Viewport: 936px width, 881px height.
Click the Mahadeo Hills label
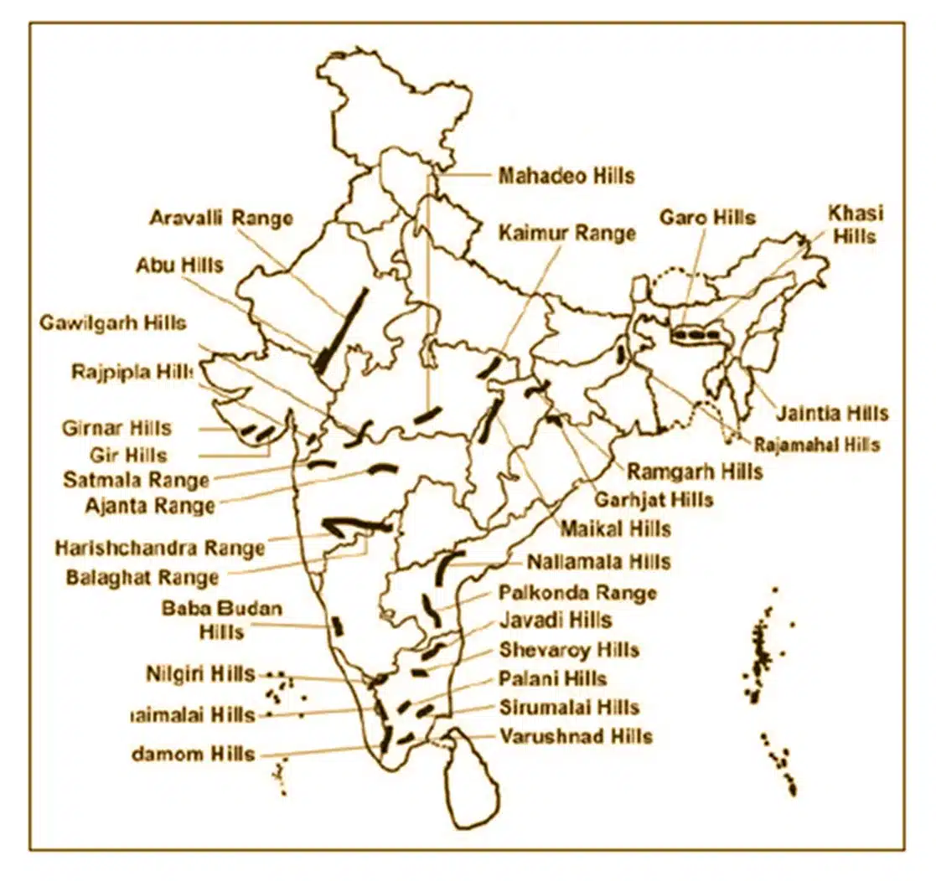point(566,176)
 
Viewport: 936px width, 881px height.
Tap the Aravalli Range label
point(221,218)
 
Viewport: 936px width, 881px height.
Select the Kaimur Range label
point(567,233)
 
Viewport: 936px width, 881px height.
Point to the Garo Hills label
point(707,218)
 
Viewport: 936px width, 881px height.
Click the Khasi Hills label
point(856,224)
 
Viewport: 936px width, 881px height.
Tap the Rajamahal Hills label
point(816,444)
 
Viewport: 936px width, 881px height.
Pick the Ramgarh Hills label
point(695,471)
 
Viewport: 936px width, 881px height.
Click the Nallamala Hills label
point(598,561)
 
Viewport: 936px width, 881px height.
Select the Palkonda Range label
point(577,593)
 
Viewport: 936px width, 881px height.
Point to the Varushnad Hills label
point(576,737)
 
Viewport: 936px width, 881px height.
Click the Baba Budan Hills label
point(222,619)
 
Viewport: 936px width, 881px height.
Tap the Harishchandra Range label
point(160,548)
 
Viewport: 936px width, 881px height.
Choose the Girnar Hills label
point(116,428)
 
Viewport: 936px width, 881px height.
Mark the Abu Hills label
point(179,265)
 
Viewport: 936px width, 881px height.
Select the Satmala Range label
point(136,480)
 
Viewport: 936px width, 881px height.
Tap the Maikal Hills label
point(615,529)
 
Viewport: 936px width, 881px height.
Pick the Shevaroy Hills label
point(569,650)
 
